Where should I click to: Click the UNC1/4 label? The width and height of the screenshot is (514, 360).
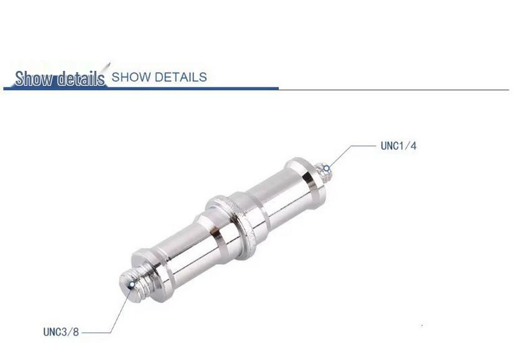tap(398, 145)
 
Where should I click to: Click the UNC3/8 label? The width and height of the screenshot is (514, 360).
tap(61, 332)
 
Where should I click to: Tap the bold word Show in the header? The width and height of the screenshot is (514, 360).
tap(34, 78)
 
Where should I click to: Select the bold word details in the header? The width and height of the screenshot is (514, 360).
tap(81, 78)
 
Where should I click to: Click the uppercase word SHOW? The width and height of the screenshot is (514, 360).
tap(131, 77)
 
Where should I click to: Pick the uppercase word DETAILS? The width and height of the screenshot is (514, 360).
tap(180, 77)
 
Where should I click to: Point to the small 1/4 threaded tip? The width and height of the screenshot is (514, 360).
tap(323, 172)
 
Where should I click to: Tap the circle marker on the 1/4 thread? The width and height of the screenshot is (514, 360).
tap(327, 168)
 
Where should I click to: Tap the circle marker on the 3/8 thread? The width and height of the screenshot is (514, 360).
tap(131, 285)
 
